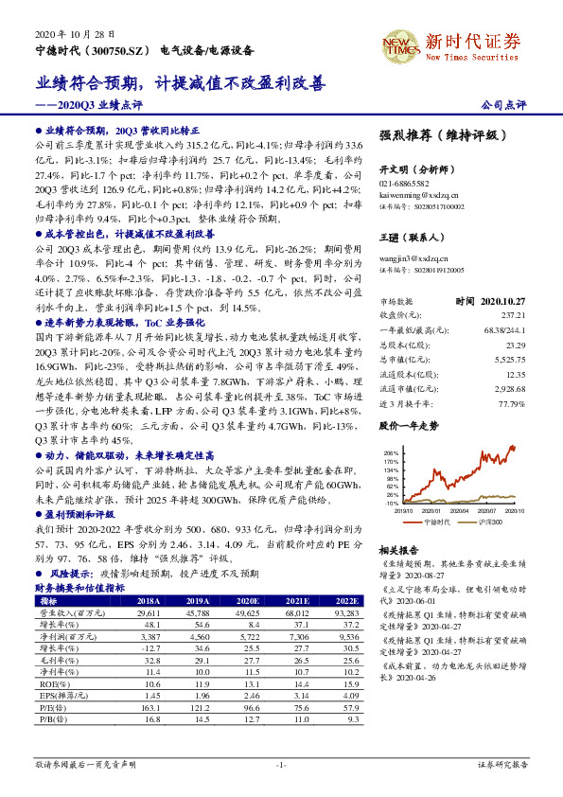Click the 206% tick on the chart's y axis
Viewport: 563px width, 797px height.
click(x=390, y=453)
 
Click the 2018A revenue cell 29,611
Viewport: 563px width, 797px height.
click(x=147, y=612)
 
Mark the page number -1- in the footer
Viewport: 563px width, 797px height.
click(x=281, y=763)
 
